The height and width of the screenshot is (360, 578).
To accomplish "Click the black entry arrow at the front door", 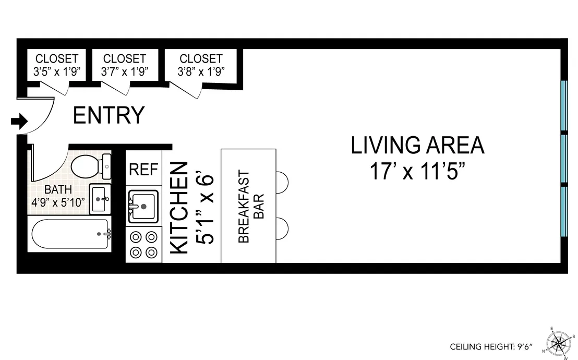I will tap(19, 122).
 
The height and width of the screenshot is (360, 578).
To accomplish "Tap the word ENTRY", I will tap(109, 115).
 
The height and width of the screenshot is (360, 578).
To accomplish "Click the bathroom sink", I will tap(100, 199).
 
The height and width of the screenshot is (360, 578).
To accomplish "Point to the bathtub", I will tap(70, 234).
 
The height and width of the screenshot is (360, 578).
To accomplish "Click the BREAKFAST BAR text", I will tap(251, 207).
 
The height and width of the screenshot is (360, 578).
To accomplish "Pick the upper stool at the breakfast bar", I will tap(282, 182).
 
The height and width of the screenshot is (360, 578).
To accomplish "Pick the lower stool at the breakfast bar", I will tap(282, 228).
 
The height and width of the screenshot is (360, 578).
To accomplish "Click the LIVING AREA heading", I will tap(417, 146).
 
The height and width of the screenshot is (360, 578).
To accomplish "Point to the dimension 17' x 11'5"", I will tap(417, 171).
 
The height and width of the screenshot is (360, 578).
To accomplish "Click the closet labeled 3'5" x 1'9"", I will tap(57, 65).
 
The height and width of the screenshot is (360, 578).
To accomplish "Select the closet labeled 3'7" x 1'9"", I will tap(125, 65).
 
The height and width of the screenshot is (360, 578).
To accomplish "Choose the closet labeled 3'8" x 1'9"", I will tap(201, 65).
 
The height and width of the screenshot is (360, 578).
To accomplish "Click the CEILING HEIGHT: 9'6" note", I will tap(493, 346).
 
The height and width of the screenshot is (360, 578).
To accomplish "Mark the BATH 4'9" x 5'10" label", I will tap(58, 196).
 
